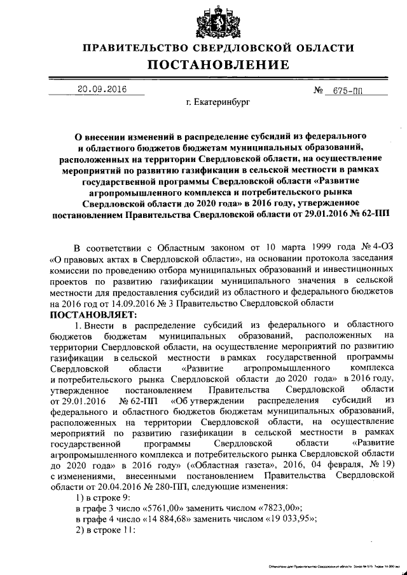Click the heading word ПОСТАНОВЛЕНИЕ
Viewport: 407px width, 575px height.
(218, 65)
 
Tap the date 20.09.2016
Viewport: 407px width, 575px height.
(99, 89)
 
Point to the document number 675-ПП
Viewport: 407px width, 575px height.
(347, 91)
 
